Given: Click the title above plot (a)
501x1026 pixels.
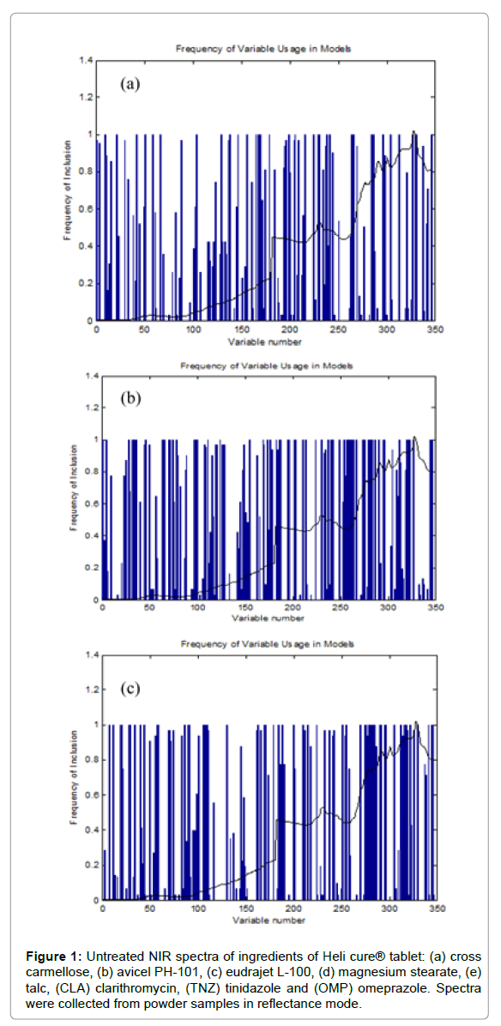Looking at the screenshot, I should point(264,50).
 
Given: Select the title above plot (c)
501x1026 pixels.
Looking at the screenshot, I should point(268,643).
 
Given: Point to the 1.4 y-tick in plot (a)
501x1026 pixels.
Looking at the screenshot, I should point(85,60).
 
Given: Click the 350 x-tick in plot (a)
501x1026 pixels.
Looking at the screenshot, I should point(434,330).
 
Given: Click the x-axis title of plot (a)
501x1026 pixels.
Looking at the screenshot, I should point(264,341).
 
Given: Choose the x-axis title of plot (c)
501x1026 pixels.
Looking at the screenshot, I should point(268,920).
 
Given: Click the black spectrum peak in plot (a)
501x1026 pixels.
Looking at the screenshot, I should point(413,132).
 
